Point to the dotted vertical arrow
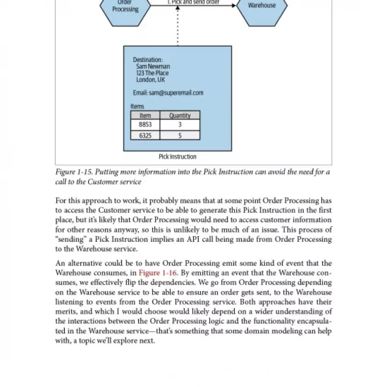[x=178, y=27]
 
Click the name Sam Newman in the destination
[x=153, y=66]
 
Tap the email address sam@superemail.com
[x=168, y=93]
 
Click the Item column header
[x=145, y=116]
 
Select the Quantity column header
[x=179, y=116]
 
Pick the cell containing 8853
[x=145, y=125]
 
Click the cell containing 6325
[x=145, y=135]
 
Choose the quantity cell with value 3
[x=179, y=125]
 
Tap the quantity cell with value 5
[x=179, y=135]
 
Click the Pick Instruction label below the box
[x=178, y=157]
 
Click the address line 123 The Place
[x=152, y=73]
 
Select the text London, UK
[x=150, y=80]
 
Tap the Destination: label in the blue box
[x=148, y=60]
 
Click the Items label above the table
[x=137, y=106]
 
